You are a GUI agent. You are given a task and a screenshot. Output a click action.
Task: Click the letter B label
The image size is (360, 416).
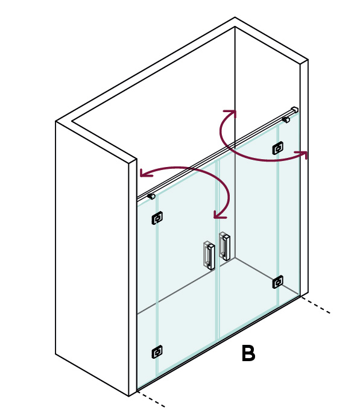[248, 353]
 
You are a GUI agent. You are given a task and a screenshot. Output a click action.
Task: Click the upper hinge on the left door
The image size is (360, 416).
[157, 218]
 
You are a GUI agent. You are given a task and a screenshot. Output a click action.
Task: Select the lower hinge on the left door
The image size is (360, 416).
[157, 352]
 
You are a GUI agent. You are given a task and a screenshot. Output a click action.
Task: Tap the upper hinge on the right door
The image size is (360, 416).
[278, 148]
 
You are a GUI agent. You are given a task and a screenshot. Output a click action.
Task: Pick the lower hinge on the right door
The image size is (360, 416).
[278, 282]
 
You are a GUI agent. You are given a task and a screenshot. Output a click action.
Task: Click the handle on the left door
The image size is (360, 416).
[209, 256]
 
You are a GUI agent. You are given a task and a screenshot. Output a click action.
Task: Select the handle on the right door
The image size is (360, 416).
[224, 246]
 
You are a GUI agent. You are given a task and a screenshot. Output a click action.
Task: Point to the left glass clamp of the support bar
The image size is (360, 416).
[151, 197]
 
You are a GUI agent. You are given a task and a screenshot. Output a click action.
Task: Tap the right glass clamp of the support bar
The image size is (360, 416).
[286, 119]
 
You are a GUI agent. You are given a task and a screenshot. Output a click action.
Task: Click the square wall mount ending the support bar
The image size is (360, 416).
[294, 110]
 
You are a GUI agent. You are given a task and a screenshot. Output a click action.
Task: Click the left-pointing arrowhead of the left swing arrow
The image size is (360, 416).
[146, 172]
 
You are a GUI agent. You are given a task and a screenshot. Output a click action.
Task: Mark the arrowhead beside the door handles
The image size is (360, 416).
[220, 215]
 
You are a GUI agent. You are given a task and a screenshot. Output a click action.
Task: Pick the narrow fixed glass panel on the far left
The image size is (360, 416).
[147, 292]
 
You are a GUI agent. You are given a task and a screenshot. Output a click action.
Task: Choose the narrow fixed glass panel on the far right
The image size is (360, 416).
[289, 207]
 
